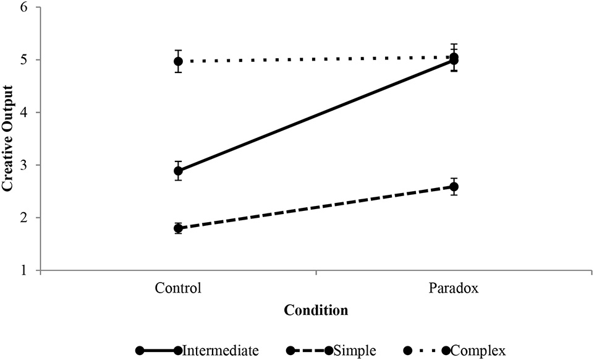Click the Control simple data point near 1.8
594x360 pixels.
[x=178, y=228]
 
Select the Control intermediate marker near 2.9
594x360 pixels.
[x=178, y=171]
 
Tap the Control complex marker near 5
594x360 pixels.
[x=178, y=61]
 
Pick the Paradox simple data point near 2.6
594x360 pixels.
[x=454, y=187]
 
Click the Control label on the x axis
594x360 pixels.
[x=178, y=288]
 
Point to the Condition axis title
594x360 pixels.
[x=316, y=310]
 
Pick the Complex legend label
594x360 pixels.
[x=478, y=351]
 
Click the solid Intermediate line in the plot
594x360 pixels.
[x=316, y=116]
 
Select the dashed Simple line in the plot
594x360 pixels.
[x=316, y=208]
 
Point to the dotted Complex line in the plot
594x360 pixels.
[x=316, y=59]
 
